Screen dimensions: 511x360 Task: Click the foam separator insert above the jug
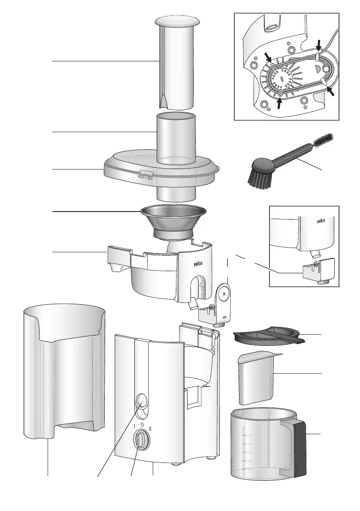tap(257, 378)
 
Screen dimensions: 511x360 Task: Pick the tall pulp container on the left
tap(64, 369)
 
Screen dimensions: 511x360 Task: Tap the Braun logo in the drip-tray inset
tap(322, 221)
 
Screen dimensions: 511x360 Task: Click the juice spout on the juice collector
tap(193, 304)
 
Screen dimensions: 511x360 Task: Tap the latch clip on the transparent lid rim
tap(145, 174)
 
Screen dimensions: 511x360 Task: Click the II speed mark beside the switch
tap(151, 428)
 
